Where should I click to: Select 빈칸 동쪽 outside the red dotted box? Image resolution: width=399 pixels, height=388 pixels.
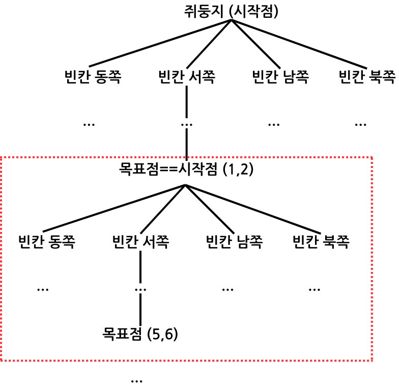tap(93, 77)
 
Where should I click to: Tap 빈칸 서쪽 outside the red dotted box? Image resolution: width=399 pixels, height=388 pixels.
tap(187, 77)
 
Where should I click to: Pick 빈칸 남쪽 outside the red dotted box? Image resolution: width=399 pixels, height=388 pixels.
tap(280, 77)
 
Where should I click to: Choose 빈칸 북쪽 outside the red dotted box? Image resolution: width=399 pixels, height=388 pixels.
tap(367, 77)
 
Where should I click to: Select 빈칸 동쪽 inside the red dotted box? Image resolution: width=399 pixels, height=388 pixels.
tap(46, 241)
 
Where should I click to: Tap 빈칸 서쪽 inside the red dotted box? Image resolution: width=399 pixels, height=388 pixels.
tap(140, 241)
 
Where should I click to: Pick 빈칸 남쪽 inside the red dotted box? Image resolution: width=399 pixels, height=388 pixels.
tap(235, 241)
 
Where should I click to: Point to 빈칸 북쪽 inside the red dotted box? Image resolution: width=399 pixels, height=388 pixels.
tap(321, 241)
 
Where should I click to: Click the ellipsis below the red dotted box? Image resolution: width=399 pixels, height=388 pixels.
tap(136, 380)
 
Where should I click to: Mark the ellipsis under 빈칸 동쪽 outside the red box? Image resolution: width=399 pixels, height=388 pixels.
tap(89, 124)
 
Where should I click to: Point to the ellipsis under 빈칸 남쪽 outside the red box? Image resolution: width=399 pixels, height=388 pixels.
tap(274, 124)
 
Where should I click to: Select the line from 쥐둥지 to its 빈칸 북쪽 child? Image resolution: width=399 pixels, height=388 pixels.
tap(300, 43)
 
